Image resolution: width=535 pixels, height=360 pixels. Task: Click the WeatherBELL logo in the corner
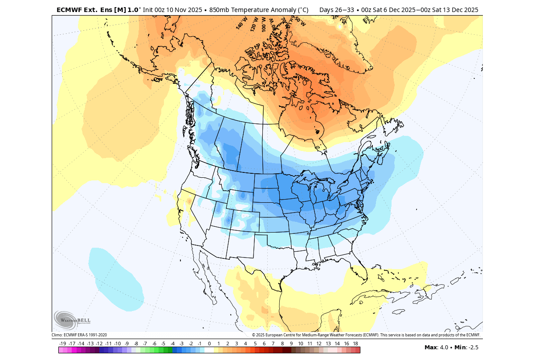click(x=72, y=320)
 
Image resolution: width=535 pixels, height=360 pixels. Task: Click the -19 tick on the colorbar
click(x=63, y=344)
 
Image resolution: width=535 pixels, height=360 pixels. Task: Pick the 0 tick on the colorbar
click(x=209, y=344)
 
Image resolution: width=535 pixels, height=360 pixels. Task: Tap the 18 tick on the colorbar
click(x=355, y=344)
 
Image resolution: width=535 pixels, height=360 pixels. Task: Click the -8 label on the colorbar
click(x=136, y=344)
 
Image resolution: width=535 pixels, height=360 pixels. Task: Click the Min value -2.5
click(x=471, y=347)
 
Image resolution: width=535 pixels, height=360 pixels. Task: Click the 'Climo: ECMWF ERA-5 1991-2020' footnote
click(x=79, y=335)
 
